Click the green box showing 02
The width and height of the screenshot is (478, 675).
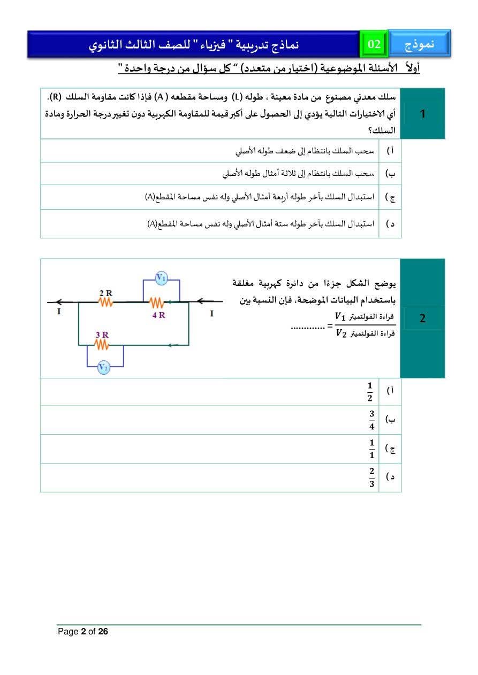pos(374,44)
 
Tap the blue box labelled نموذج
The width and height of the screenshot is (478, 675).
pos(419,44)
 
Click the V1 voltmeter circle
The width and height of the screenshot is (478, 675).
pos(161,277)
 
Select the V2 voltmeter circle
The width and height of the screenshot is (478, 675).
pos(104,367)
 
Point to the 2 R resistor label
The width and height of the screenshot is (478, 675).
pos(105,293)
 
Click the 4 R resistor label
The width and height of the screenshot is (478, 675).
pos(158,315)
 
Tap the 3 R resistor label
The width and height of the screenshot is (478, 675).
pos(102,335)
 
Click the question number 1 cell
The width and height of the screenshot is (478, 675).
pos(423,114)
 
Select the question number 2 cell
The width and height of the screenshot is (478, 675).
pos(423,319)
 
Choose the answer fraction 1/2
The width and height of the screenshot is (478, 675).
pos(370,392)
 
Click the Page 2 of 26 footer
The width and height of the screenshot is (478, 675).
pos(83,632)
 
